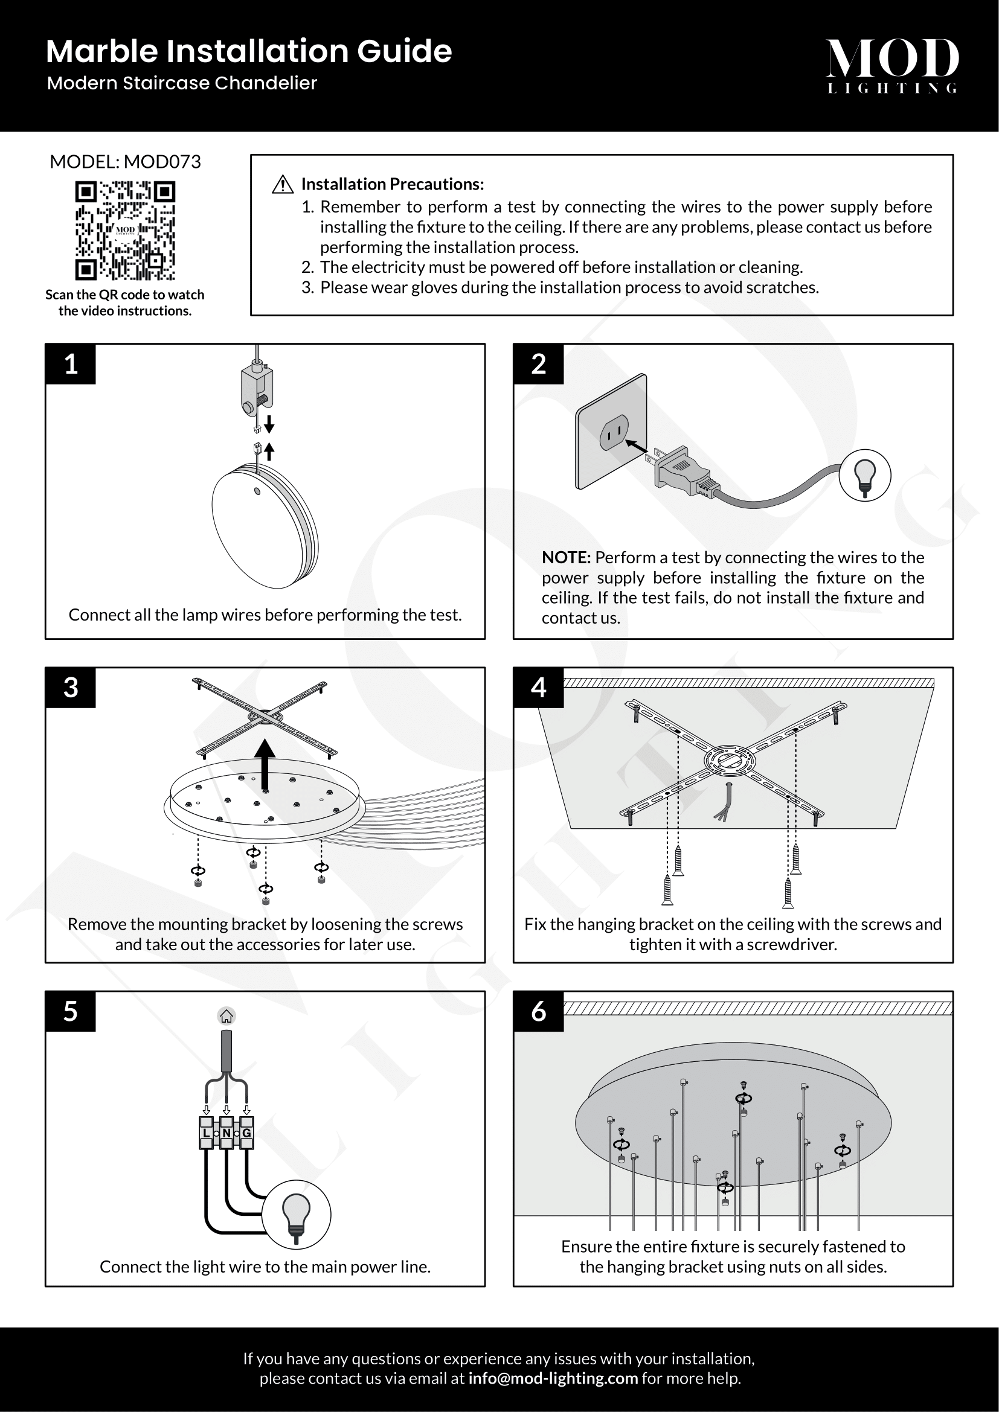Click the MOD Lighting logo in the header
892,65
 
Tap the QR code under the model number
125,231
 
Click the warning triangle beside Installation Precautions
282,185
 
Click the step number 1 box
71,364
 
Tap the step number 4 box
538,688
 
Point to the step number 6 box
538,1011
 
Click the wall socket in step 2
611,431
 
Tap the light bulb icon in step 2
865,475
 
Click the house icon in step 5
226,1016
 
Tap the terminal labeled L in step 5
207,1132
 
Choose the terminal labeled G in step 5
246,1132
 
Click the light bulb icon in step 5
297,1214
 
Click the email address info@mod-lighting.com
553,1378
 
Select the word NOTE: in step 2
566,558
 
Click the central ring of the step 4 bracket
730,761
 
